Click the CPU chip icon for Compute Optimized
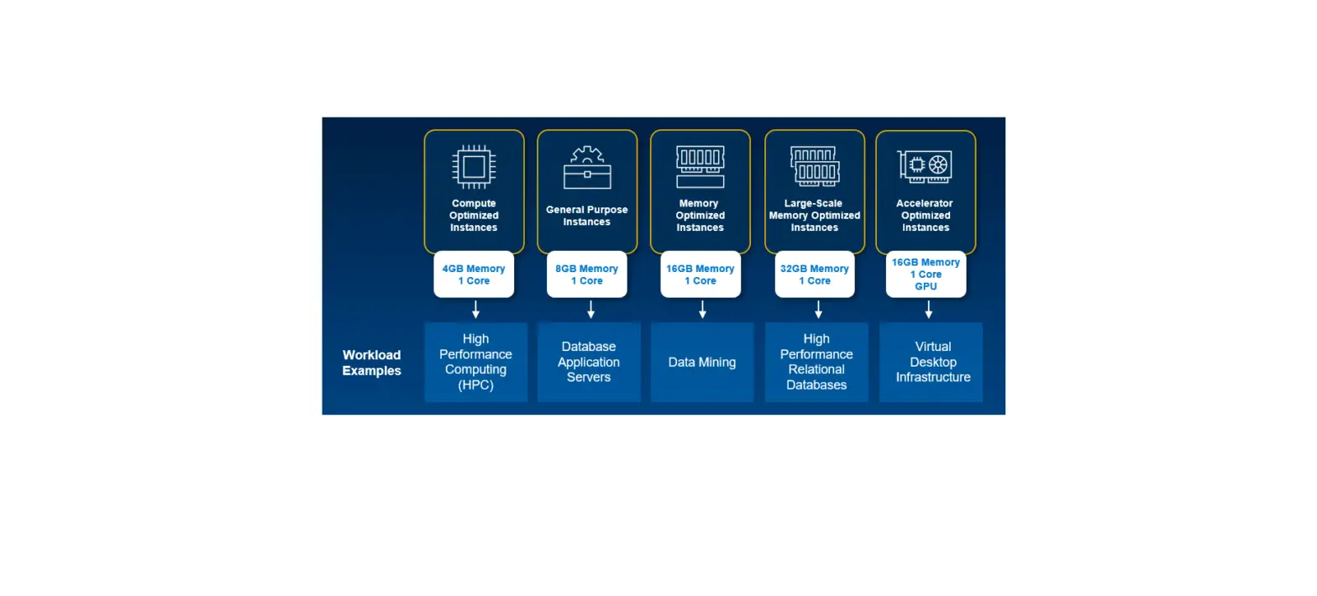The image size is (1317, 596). click(x=474, y=165)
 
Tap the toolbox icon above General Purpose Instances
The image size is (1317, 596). click(x=586, y=168)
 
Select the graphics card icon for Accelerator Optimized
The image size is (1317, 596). click(x=925, y=165)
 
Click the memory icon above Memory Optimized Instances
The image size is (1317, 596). click(x=700, y=166)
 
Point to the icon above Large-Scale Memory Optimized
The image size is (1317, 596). click(x=814, y=165)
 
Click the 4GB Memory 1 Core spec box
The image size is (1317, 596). click(x=474, y=274)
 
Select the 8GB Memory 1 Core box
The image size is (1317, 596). click(x=586, y=274)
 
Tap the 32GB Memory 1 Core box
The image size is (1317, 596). click(x=814, y=274)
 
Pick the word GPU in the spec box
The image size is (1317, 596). click(x=926, y=286)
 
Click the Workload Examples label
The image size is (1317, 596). click(x=371, y=363)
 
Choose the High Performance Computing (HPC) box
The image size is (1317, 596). click(x=475, y=362)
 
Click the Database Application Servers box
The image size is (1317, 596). click(x=589, y=362)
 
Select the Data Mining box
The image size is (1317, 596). click(x=702, y=362)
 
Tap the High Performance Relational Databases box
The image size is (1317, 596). click(x=816, y=362)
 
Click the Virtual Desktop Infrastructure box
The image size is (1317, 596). click(x=931, y=362)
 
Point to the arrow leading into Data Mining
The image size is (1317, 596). click(x=702, y=310)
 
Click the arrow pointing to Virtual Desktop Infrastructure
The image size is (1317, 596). click(x=928, y=310)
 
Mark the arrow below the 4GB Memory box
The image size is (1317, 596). click(x=475, y=310)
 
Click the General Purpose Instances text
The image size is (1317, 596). click(x=586, y=216)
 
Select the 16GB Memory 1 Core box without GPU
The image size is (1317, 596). click(x=700, y=274)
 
